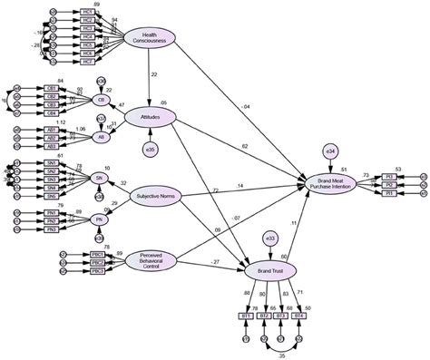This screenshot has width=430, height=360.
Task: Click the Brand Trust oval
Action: pos(269,270)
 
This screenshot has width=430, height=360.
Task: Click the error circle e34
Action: pos(328,150)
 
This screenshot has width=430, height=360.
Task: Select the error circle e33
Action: pos(269,238)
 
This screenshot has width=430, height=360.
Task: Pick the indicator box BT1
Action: pos(245,316)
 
